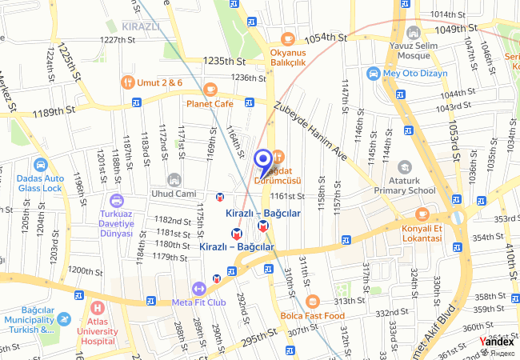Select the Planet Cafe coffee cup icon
coord(210,89)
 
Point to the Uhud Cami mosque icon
coord(175,179)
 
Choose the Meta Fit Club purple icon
coord(198,288)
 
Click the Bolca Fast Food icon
coord(312,301)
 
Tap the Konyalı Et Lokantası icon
coord(422,214)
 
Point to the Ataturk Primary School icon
coord(404,168)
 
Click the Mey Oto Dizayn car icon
coord(372,74)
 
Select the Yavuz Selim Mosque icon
coord(413,32)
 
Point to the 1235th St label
coord(225,61)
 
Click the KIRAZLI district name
coord(142,26)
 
